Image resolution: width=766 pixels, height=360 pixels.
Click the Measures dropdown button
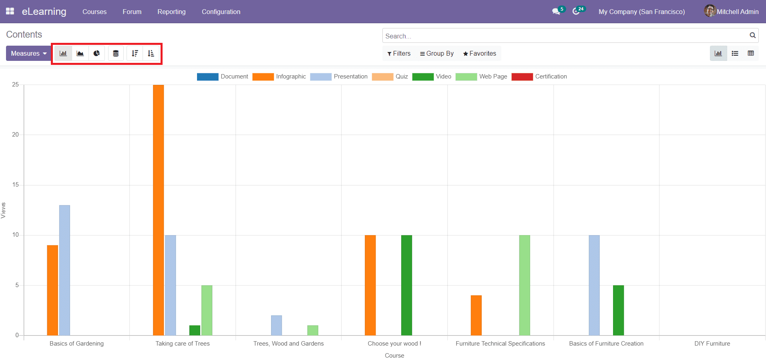click(28, 53)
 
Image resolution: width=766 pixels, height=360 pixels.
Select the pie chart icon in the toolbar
click(97, 53)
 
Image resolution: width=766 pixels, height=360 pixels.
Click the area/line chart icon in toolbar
click(80, 53)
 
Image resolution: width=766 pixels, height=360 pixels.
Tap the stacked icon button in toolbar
click(116, 53)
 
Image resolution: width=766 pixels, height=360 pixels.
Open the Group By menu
click(436, 53)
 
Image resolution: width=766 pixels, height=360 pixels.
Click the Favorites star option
click(479, 53)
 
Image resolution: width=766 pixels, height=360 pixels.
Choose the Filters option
click(399, 53)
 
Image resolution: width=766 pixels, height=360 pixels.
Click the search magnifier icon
click(752, 35)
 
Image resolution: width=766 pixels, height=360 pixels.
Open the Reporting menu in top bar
click(171, 12)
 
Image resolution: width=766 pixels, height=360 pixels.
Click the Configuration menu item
click(221, 12)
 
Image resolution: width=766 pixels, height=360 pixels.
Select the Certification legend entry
click(539, 76)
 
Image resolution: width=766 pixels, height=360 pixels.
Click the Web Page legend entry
click(482, 76)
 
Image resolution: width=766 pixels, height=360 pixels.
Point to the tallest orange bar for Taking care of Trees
click(158, 208)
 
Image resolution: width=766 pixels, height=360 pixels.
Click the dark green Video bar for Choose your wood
click(406, 284)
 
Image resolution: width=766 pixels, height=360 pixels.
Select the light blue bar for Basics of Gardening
click(64, 270)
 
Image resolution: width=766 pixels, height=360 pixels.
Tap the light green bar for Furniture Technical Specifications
click(525, 284)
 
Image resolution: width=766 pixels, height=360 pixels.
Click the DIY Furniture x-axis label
click(712, 344)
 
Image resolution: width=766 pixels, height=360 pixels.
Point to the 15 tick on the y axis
click(16, 185)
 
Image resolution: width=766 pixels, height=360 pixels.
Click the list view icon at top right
click(735, 53)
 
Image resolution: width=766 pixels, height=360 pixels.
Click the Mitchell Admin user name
click(737, 12)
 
